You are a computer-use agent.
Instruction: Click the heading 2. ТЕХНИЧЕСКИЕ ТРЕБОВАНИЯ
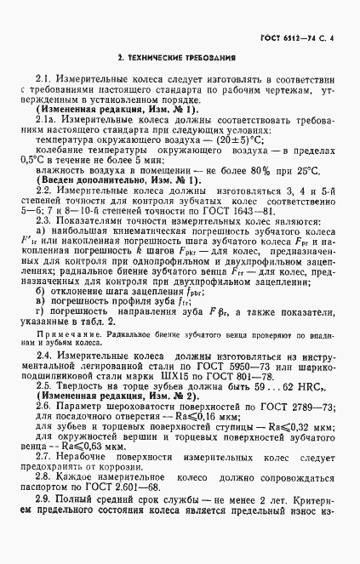click(179, 58)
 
